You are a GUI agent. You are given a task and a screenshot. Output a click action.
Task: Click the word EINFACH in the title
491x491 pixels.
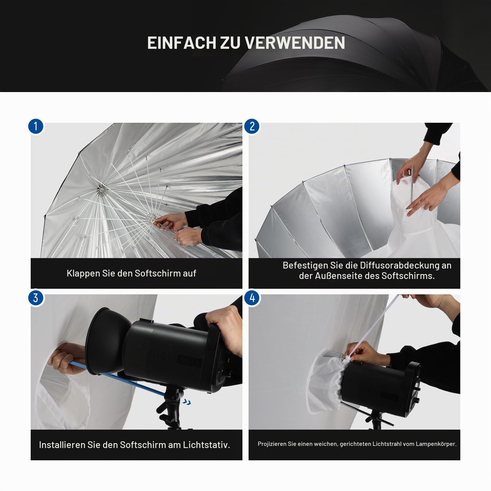tap(181, 43)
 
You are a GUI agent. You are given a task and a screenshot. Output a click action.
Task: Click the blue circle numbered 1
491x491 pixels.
tap(36, 126)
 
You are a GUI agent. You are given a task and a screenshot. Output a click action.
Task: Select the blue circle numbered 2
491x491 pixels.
tap(252, 126)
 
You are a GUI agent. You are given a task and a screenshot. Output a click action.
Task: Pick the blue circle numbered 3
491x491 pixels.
tap(36, 298)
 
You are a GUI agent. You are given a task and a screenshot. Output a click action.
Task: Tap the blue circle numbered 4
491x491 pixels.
tap(252, 298)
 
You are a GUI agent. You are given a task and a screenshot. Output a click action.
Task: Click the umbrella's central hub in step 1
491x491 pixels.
tap(100, 190)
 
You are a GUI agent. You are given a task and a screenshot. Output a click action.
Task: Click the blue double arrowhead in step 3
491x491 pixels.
tap(186, 402)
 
